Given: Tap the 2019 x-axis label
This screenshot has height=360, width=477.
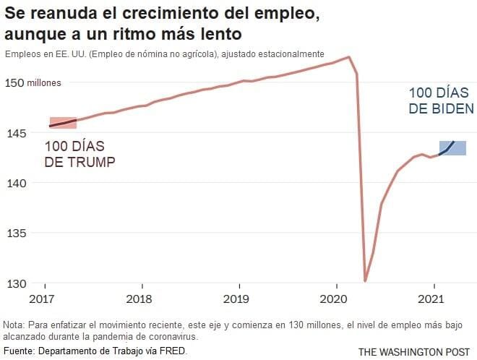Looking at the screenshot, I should pos(236,298).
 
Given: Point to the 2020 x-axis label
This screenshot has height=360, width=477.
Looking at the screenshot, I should pos(335,298).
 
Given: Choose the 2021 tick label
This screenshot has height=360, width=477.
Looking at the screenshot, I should pos(432,298).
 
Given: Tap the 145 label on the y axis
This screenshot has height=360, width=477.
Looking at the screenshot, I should pos(17,133).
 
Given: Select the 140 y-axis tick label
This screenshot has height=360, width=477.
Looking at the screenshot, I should pos(17,183).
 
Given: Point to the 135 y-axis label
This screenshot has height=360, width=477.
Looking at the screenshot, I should pos(17,233).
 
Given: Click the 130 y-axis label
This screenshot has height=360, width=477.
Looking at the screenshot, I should pos(17,283).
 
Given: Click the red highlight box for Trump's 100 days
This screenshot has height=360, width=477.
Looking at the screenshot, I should pos(63,123).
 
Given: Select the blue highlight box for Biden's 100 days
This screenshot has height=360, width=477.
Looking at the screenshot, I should pos(452,148).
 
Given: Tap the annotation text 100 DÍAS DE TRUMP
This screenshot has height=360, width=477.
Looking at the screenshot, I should pos(79,154).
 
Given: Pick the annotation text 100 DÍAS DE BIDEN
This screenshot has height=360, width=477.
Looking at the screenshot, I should pos(441,101).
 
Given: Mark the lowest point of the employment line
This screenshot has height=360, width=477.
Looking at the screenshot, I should pos(366,280).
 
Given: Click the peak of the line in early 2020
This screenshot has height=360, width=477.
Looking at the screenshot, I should pos(350,56).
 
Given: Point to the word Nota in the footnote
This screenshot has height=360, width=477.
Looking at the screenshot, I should pos(14,325).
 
